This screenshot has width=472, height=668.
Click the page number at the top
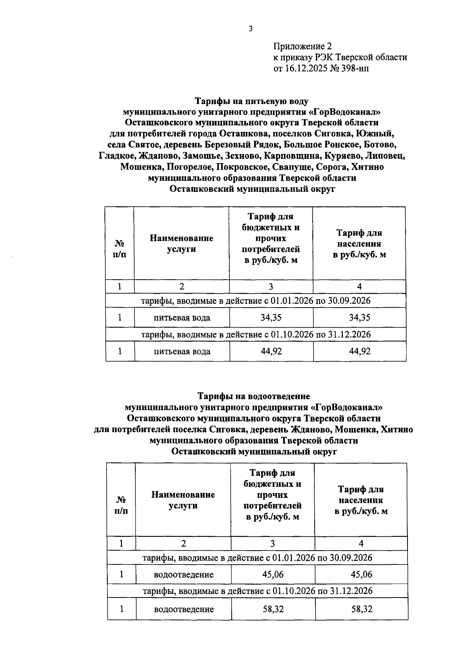[250, 28]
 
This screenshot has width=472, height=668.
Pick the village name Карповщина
[296, 156]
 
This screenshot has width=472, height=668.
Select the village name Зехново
[240, 156]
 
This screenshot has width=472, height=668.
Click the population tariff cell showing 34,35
[360, 317]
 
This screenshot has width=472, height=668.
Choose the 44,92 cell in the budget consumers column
[271, 351]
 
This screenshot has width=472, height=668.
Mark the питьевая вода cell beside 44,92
[182, 351]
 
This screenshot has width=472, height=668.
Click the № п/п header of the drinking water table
[120, 249]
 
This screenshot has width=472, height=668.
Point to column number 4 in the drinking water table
[360, 287]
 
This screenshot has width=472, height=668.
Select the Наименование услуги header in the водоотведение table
[183, 500]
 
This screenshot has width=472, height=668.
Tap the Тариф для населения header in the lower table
[361, 500]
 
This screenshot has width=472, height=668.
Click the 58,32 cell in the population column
[361, 609]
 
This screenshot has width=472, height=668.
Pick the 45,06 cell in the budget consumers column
[273, 574]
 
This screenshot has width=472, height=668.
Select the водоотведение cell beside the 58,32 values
[184, 609]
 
